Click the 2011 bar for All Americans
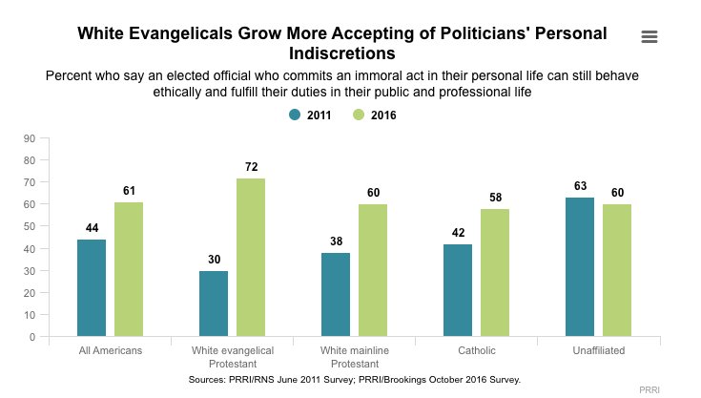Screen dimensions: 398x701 point(92,287)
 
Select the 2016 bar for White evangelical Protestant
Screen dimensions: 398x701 point(251,257)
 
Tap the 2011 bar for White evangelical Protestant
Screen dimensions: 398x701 point(214,304)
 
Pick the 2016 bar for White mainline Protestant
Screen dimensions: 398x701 point(373,270)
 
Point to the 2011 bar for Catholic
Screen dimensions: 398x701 point(459,290)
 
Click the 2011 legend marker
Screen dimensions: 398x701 point(295,115)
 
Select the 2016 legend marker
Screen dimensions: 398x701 point(359,115)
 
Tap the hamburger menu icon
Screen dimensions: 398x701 point(650,36)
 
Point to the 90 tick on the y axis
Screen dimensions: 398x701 point(30,138)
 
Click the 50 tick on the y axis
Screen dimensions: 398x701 point(30,227)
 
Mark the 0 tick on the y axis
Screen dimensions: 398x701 point(32,337)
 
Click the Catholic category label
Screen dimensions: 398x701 point(477,351)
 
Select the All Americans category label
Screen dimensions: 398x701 point(110,351)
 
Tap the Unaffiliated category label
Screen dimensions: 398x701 point(599,351)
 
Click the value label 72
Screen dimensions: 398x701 point(251,167)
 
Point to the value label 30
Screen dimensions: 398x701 point(214,260)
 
